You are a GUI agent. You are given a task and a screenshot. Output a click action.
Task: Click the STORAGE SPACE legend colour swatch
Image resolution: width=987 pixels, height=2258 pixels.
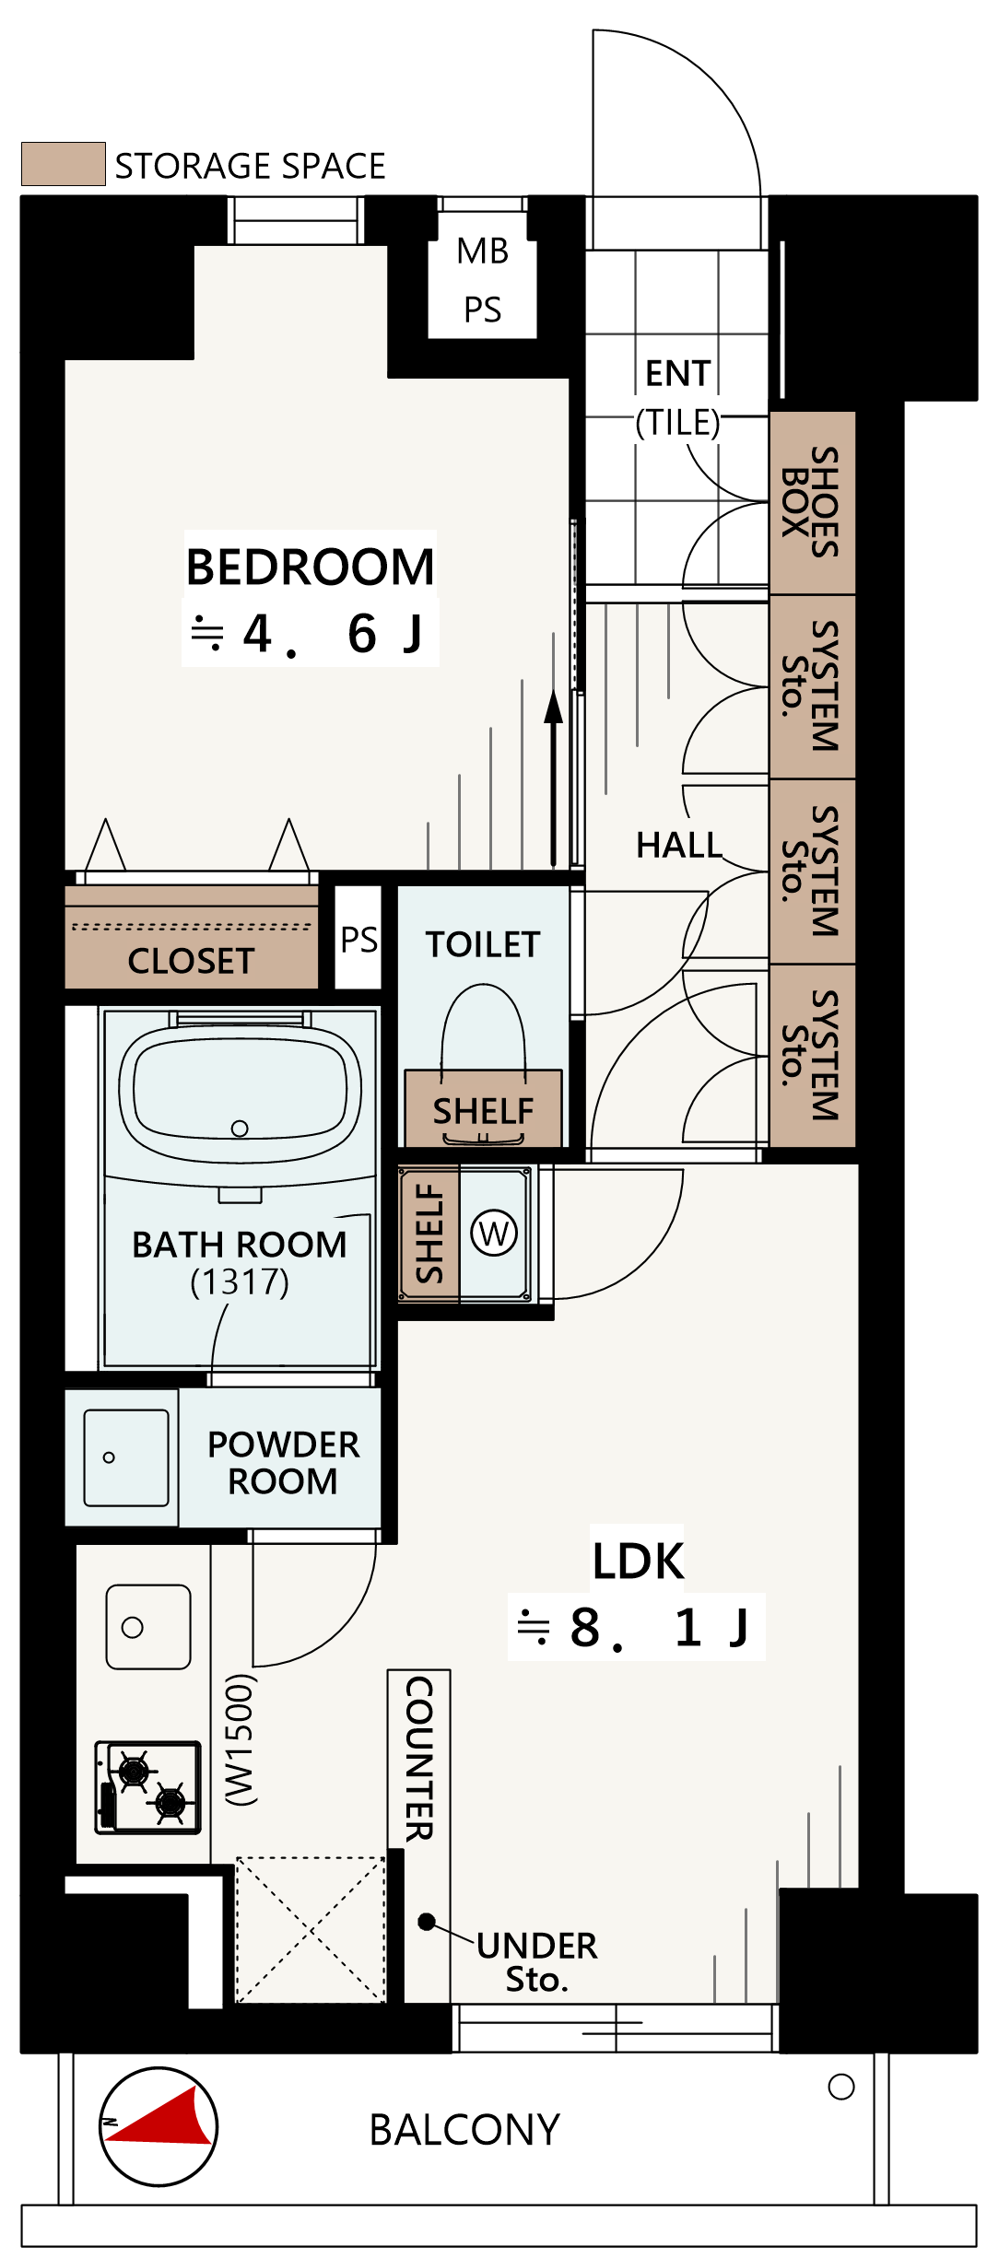63,164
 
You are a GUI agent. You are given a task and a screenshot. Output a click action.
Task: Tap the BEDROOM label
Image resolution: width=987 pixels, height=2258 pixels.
311,567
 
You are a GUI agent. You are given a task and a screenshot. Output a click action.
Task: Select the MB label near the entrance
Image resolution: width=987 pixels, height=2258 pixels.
483,251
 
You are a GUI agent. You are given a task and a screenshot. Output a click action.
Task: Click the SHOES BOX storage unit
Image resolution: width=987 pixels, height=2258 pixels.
813,503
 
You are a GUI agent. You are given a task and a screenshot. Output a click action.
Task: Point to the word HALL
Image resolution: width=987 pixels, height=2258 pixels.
679,845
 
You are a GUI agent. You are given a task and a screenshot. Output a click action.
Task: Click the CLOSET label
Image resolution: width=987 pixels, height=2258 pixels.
191,961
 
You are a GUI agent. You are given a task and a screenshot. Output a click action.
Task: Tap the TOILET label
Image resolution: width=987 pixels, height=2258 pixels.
483,944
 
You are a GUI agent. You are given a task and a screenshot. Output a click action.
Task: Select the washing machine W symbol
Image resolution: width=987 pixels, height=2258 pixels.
494,1234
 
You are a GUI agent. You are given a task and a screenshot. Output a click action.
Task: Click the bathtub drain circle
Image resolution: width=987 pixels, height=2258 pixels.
240,1129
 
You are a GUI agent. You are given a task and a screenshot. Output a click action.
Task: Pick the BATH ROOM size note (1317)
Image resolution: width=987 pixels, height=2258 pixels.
240,1281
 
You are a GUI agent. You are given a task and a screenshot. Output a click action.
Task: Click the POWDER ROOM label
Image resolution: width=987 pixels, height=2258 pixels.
283,1463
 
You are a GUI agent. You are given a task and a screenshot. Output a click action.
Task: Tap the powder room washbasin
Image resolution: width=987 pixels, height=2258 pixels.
126,1457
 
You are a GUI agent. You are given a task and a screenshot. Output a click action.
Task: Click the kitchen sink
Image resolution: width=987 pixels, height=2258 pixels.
148,1627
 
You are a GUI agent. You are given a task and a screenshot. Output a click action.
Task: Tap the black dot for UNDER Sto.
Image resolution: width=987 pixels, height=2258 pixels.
427,1922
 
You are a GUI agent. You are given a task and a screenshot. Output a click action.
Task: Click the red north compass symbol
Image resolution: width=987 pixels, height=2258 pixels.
159,2126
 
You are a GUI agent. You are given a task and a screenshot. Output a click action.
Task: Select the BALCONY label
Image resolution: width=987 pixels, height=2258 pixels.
464,2130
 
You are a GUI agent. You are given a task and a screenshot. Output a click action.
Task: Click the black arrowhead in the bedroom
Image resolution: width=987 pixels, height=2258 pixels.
553,707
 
